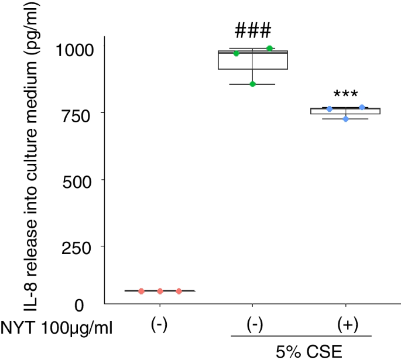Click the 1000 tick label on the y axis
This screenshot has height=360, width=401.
click(x=74, y=49)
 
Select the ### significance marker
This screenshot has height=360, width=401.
click(x=252, y=30)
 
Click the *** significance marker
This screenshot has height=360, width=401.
click(x=345, y=94)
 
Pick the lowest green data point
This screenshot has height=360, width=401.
click(x=253, y=84)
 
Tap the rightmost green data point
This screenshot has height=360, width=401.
click(x=270, y=48)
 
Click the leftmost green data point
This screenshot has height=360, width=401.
click(x=237, y=53)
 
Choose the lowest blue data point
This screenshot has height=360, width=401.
click(x=346, y=119)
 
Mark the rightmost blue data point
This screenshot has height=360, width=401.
click(x=362, y=107)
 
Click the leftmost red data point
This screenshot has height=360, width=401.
click(x=141, y=291)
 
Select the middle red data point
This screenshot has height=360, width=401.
click(x=160, y=291)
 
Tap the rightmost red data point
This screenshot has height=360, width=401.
click(x=179, y=291)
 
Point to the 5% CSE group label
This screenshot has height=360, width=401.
click(x=301, y=351)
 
